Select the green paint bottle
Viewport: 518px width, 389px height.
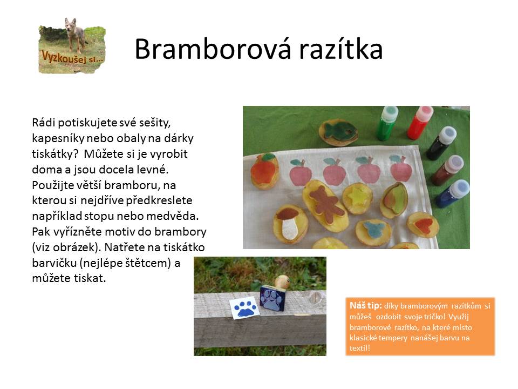tap(387, 123)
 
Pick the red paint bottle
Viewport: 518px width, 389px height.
tap(420, 123)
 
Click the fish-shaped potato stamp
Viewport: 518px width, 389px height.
tap(338, 132)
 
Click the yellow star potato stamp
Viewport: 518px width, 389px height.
tap(357, 199)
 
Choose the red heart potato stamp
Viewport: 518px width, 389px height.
tap(422, 225)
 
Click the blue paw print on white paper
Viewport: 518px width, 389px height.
tap(245, 308)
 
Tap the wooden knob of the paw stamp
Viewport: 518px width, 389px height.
tap(282, 282)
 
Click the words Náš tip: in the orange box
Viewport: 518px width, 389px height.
tap(366, 305)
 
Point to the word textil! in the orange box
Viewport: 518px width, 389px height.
tap(360, 348)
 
